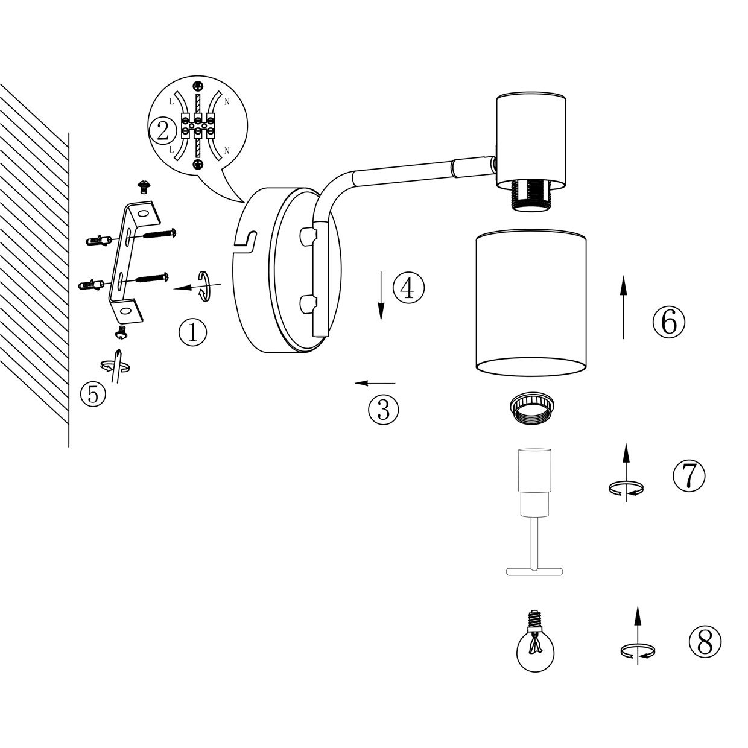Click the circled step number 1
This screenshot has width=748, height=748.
click(x=193, y=332)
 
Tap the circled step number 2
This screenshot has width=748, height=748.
click(x=163, y=132)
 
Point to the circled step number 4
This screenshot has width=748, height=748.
click(x=409, y=288)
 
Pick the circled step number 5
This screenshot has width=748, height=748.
click(x=93, y=395)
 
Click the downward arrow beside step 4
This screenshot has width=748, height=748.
click(x=381, y=296)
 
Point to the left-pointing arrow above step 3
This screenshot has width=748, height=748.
click(x=375, y=384)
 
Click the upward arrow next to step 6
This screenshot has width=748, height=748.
click(x=623, y=307)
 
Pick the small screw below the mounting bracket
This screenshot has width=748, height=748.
click(x=122, y=332)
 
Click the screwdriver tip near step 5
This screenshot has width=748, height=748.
click(x=119, y=350)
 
